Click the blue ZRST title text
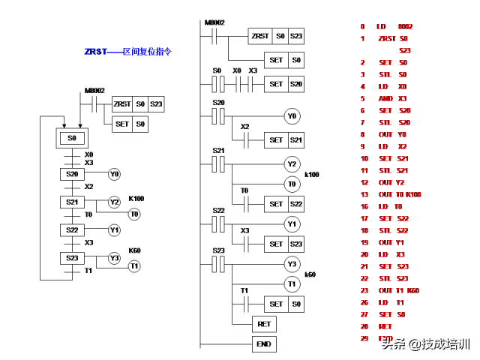point(128,52)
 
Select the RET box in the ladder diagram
point(264,324)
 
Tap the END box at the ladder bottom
point(264,344)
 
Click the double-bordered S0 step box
point(72,138)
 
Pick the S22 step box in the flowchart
point(72,230)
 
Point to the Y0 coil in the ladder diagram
point(292,116)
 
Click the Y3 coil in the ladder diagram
point(292,264)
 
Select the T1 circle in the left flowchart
point(134,265)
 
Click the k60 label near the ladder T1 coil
point(310,275)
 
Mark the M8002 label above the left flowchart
point(94,90)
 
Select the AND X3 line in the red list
point(392,98)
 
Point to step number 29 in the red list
point(363,338)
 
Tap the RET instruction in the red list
point(385,326)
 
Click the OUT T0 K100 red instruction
point(399,194)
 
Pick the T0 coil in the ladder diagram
point(292,184)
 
